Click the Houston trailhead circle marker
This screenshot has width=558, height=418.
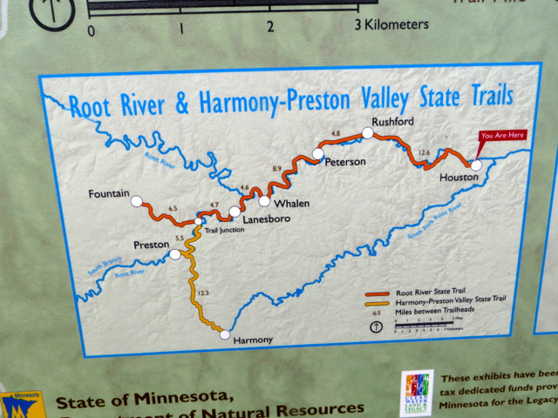tap(476, 164)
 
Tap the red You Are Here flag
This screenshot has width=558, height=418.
tap(503, 136)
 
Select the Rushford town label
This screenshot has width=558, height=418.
tap(391, 121)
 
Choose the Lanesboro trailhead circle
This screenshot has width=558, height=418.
tap(235, 212)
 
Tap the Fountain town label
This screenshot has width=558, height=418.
tap(110, 192)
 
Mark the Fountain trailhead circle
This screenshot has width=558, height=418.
tap(136, 202)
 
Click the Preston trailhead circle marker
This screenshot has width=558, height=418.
tap(175, 254)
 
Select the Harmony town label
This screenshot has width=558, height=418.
tap(254, 340)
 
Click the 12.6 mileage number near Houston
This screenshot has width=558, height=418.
tap(425, 152)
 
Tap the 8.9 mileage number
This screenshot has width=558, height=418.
tap(277, 168)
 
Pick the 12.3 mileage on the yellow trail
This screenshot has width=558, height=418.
tap(204, 293)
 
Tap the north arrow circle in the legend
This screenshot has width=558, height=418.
tap(376, 327)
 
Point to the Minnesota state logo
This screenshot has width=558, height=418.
tap(21, 405)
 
